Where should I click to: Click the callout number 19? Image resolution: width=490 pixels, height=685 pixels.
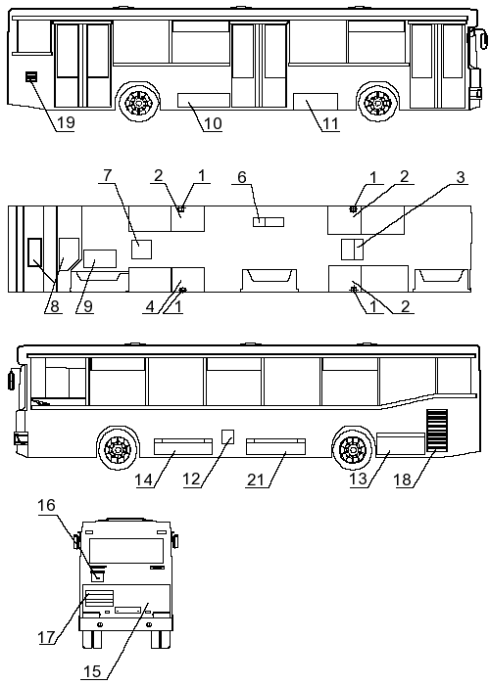66,122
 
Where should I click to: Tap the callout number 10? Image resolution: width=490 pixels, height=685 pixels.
213,123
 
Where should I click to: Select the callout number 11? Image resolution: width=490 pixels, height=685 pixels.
330,124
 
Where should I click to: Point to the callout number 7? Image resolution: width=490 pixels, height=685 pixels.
107,175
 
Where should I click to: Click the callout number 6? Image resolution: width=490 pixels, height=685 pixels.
242,177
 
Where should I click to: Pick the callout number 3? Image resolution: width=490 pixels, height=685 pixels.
461,177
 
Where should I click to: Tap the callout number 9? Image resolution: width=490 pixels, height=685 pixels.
88,305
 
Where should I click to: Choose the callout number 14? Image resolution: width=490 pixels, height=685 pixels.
143,479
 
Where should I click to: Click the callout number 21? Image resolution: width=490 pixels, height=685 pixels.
256,479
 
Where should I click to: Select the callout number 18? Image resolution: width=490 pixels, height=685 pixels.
403,479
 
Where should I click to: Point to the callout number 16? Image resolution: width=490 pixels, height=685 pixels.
46,505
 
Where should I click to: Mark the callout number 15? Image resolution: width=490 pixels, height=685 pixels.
92,671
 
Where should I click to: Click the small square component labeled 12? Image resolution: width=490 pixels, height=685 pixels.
228,436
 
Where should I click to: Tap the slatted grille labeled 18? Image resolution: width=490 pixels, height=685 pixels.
437,430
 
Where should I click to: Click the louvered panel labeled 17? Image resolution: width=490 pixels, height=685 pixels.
99,598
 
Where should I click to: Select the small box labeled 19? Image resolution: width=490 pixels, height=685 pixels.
31,77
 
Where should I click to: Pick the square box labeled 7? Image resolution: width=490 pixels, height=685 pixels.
142,249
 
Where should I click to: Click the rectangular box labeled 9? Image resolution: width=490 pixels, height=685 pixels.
100,258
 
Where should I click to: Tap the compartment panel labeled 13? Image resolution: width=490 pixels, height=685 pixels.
401,443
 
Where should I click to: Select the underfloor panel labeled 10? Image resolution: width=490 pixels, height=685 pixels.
204,100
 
